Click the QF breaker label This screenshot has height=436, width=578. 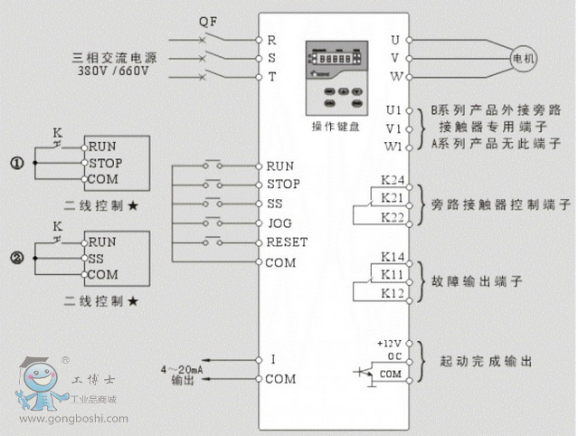208,20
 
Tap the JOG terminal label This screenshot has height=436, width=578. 278,223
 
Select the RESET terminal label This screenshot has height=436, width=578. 287,242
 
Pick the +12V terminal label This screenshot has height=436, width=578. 388,345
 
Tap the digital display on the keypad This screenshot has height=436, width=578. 335,55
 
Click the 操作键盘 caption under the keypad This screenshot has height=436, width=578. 335,127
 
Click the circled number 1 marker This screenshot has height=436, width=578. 15,164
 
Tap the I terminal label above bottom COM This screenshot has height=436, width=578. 272,359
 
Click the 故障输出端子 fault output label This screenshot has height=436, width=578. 474,281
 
